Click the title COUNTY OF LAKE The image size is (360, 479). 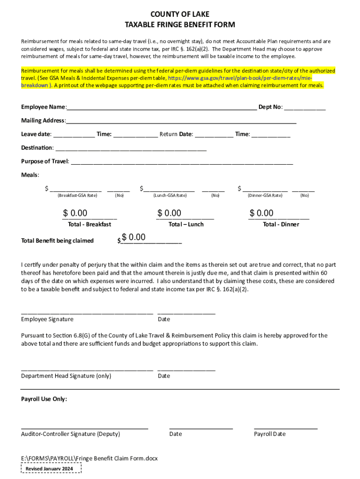(x=180, y=15)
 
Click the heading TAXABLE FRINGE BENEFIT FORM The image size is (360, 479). (x=180, y=24)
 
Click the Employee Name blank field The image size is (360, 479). (x=161, y=107)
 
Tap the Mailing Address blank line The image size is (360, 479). (x=181, y=121)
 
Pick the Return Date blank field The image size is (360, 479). (x=214, y=135)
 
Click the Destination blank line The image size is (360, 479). (x=130, y=148)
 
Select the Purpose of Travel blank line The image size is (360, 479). (x=181, y=162)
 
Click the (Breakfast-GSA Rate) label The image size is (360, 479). (x=77, y=196)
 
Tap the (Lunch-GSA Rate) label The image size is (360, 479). (x=170, y=196)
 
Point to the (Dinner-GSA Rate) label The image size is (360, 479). (x=265, y=196)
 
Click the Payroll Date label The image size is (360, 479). (x=270, y=434)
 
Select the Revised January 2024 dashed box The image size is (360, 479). (x=51, y=469)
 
